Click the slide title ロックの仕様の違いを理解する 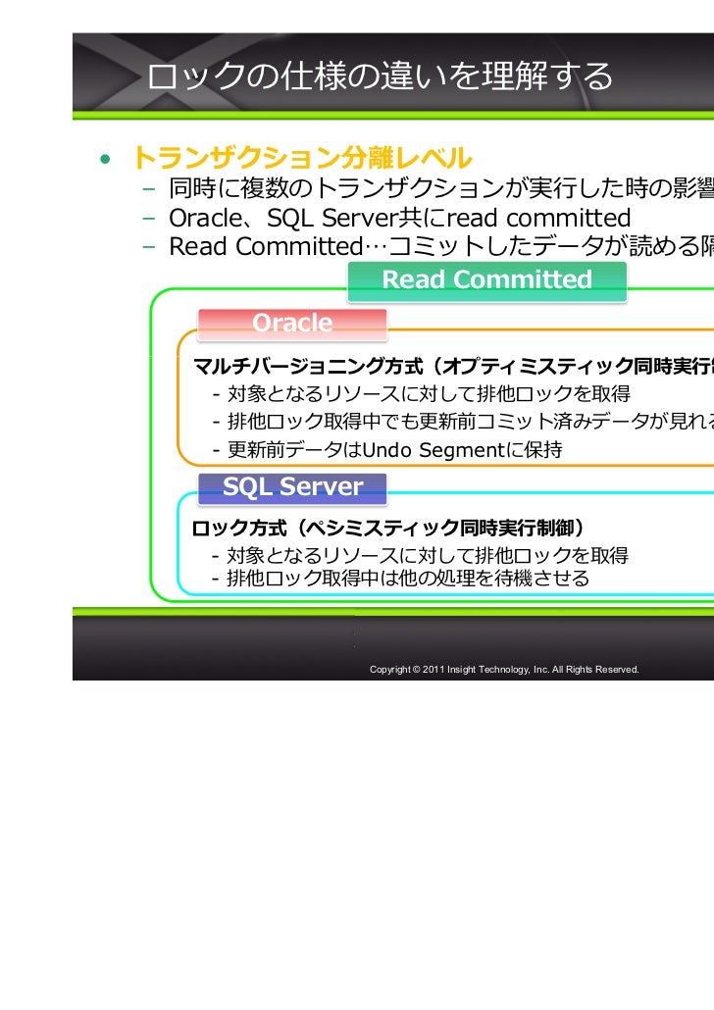pyautogui.click(x=381, y=76)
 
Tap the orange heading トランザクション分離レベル pyautogui.click(x=301, y=157)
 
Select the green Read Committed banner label pyautogui.click(x=486, y=279)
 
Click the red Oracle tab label pyautogui.click(x=292, y=323)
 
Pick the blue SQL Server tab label pyautogui.click(x=292, y=486)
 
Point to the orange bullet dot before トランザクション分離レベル pyautogui.click(x=102, y=159)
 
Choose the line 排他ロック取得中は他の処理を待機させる pyautogui.click(x=408, y=579)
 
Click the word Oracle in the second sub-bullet pyautogui.click(x=201, y=217)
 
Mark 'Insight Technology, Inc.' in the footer pyautogui.click(x=498, y=669)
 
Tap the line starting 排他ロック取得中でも pyautogui.click(x=461, y=423)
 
